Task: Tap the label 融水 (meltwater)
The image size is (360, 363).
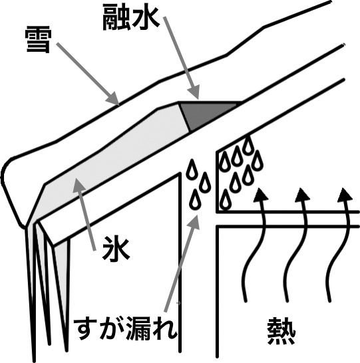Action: [x=131, y=18]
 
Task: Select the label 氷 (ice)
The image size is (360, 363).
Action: [x=115, y=249]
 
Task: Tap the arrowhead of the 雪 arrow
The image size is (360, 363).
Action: [x=113, y=98]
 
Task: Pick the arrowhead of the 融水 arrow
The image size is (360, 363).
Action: [x=194, y=92]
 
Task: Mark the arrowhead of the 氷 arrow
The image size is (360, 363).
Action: [x=79, y=185]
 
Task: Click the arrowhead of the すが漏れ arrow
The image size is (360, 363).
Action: [x=194, y=222]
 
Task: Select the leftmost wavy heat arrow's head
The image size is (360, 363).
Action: [x=260, y=195]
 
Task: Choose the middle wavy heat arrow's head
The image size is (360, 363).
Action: [x=302, y=195]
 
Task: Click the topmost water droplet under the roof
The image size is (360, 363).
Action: [x=248, y=145]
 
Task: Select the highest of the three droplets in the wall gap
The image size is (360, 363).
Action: [x=192, y=169]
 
